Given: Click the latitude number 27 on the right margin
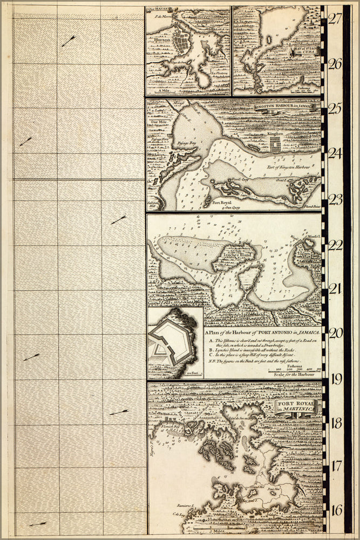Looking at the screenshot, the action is point(335,18).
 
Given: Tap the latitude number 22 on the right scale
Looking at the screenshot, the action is point(335,245).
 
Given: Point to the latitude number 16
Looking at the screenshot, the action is point(335,510).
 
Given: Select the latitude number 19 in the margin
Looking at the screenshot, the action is point(335,378).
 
